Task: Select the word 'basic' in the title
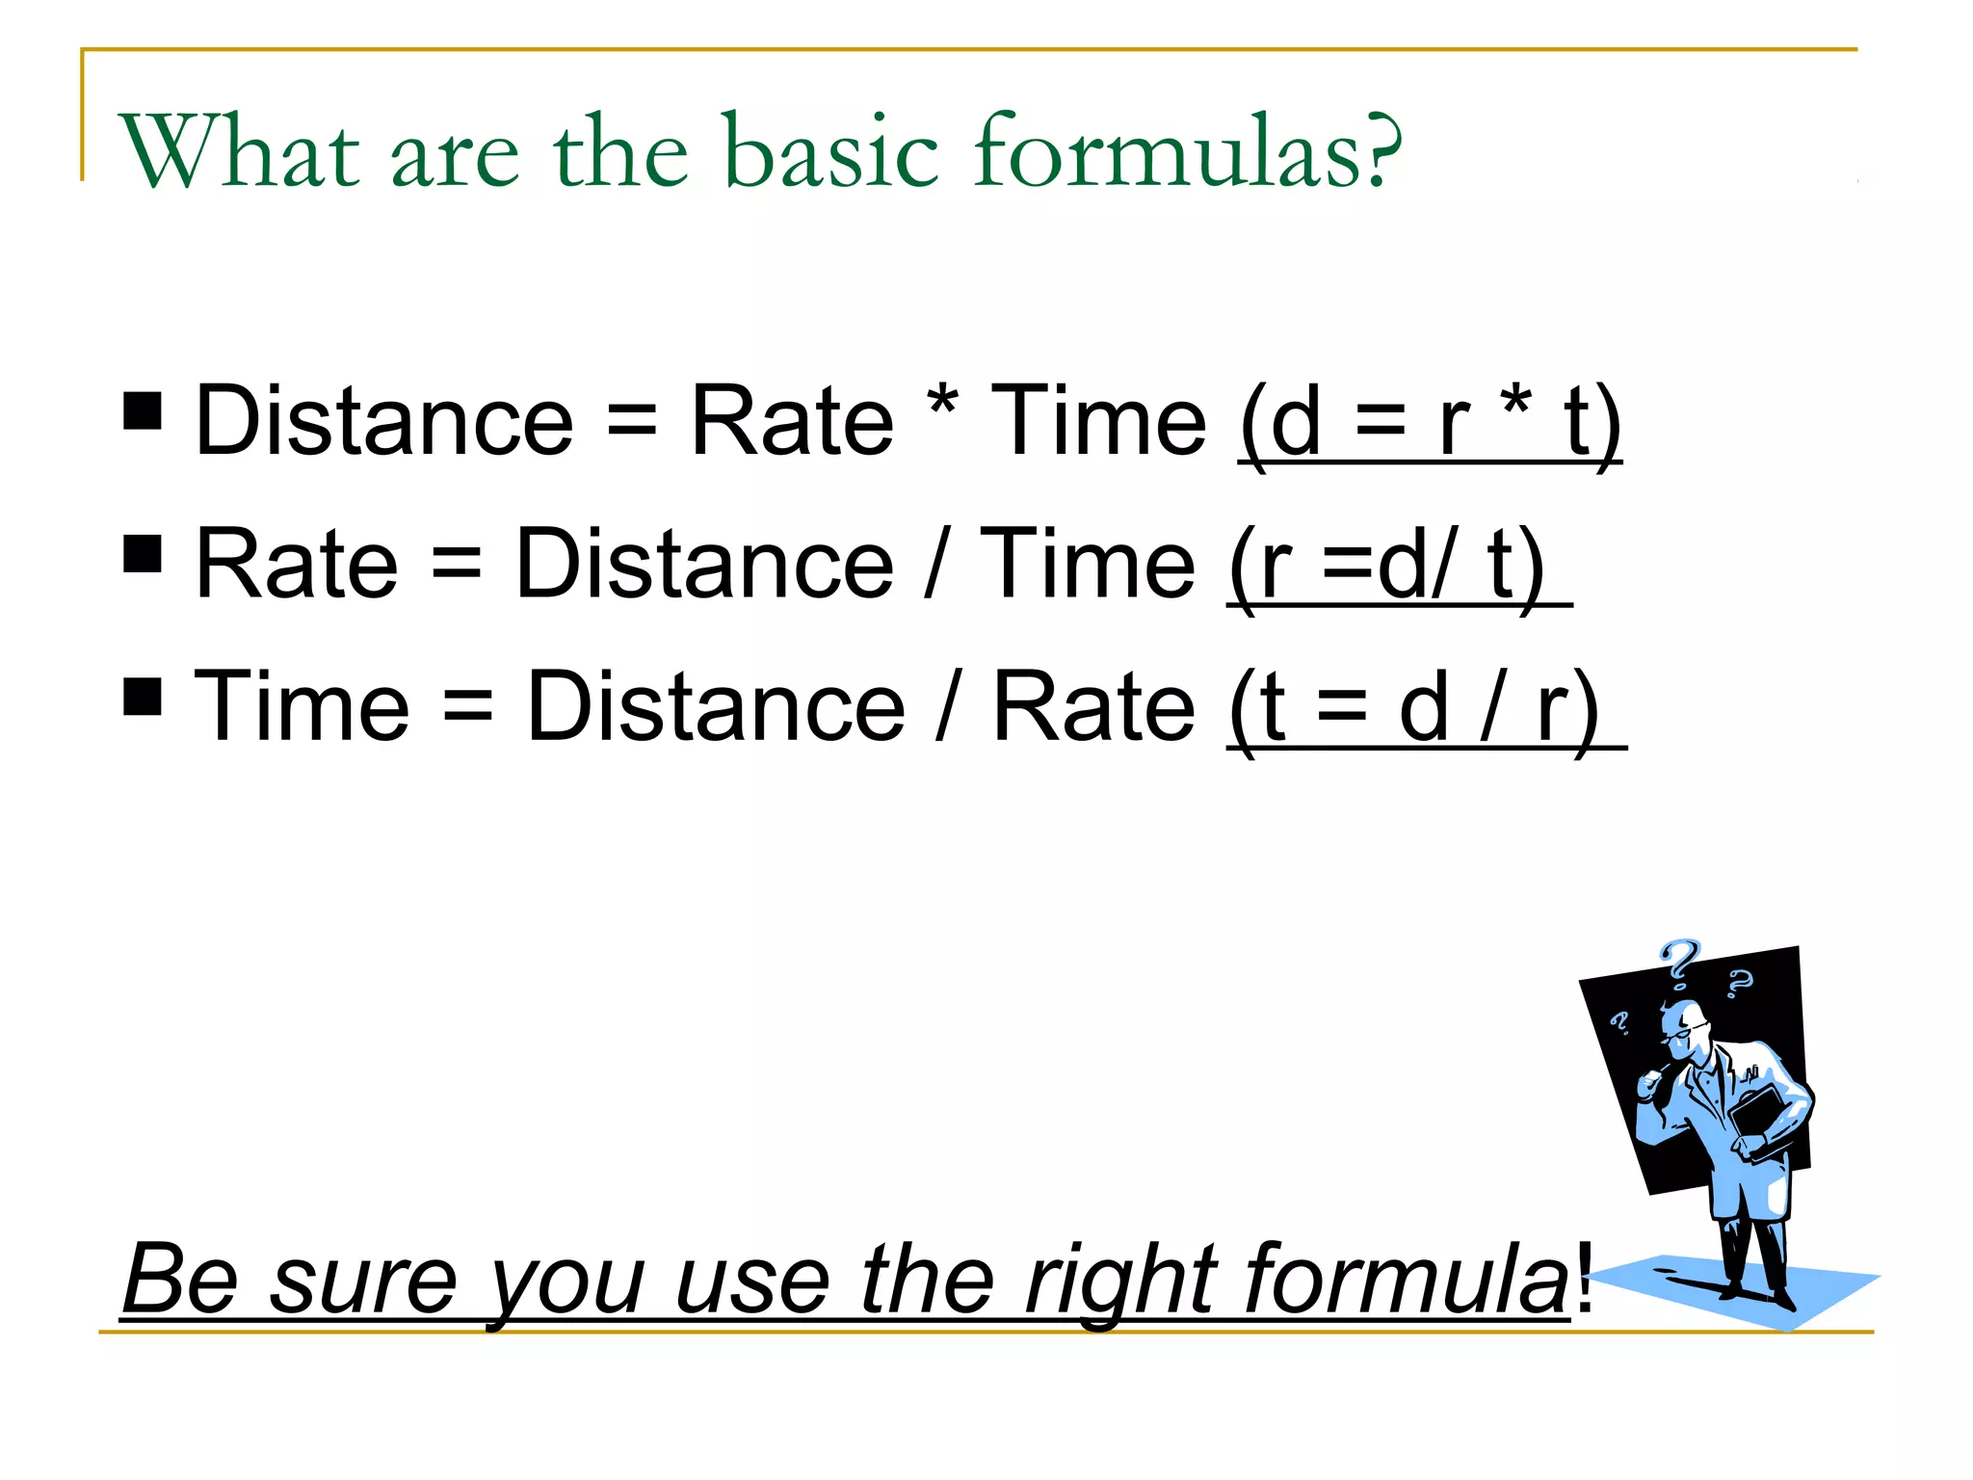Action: [x=829, y=152]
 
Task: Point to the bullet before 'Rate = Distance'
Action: [x=143, y=553]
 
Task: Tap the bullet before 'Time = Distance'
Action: [x=143, y=696]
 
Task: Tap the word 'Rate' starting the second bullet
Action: [x=296, y=566]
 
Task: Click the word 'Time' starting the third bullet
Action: [x=302, y=708]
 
